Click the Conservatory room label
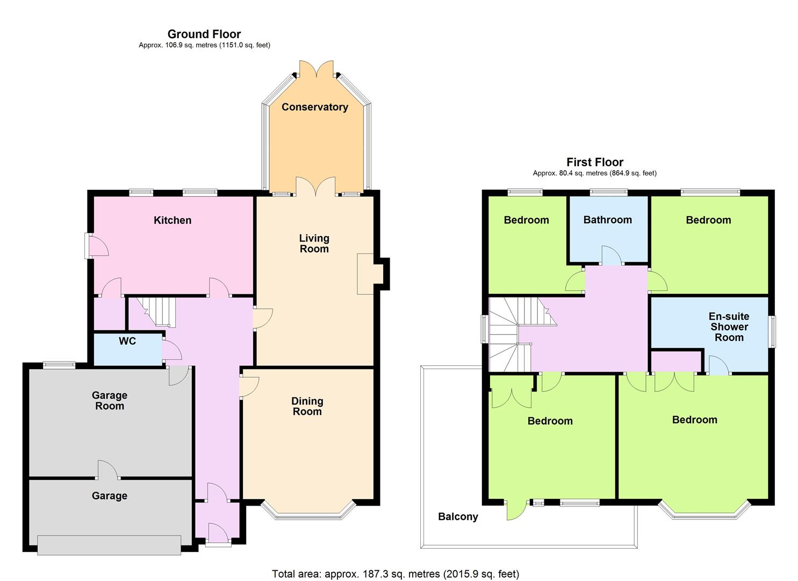coord(315,107)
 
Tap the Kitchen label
coord(172,220)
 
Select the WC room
coord(127,350)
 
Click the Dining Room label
coord(307,406)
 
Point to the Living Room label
coord(314,243)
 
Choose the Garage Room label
coord(110,400)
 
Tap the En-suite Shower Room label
coord(729,327)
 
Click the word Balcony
coord(458,517)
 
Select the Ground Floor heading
coord(204,34)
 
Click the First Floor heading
coord(595,162)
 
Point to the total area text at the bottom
coord(396,574)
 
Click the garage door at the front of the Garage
coord(109,545)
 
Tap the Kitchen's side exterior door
coord(96,245)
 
